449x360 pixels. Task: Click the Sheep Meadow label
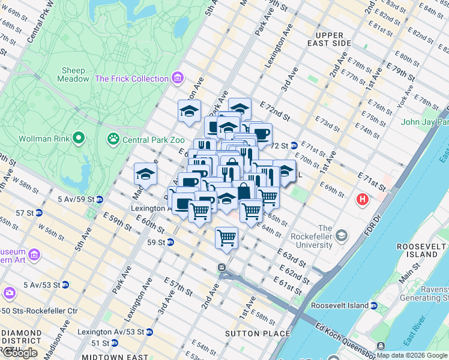coord(73,74)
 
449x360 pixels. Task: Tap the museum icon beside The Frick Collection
coord(177,79)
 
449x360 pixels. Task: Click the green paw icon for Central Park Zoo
coord(113,139)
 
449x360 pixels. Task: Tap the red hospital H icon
coord(363,199)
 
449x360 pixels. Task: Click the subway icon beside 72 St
coord(294,145)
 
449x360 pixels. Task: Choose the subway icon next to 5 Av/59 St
coord(100,199)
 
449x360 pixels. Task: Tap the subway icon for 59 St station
coord(170,242)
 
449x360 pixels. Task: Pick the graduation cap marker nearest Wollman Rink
coord(145,174)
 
